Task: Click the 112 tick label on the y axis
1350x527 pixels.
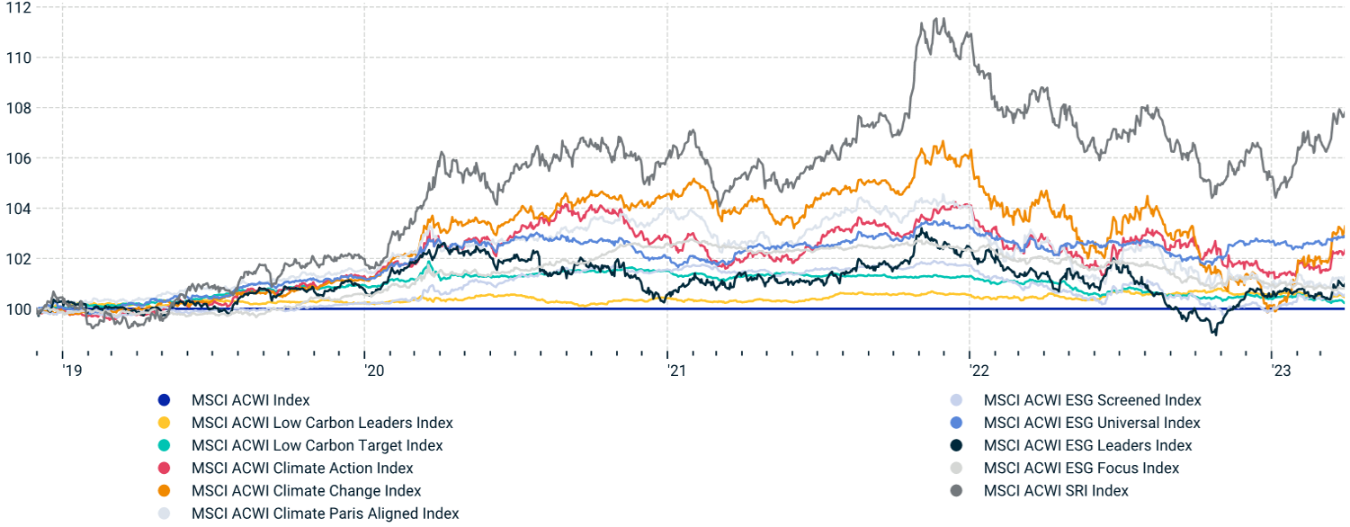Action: pos(17,8)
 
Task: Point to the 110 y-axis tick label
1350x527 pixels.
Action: pos(17,58)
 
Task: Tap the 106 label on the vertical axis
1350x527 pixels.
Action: pos(17,158)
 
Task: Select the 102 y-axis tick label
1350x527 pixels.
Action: pos(17,259)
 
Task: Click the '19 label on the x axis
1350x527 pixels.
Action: pos(70,370)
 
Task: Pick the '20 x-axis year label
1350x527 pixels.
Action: pos(372,370)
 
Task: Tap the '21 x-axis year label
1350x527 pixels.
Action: pos(675,370)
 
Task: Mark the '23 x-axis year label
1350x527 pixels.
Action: pos(1279,370)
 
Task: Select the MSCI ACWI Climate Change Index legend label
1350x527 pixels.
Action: pos(306,491)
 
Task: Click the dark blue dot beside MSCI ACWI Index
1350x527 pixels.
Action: pos(163,400)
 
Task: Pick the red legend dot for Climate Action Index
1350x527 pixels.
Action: pos(163,469)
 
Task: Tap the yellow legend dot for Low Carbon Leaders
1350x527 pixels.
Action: pos(163,423)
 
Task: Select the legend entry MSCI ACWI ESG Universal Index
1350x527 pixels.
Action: pos(1092,423)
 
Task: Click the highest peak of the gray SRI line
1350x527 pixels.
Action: pos(939,18)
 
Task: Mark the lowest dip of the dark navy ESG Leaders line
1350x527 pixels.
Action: pos(1215,335)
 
